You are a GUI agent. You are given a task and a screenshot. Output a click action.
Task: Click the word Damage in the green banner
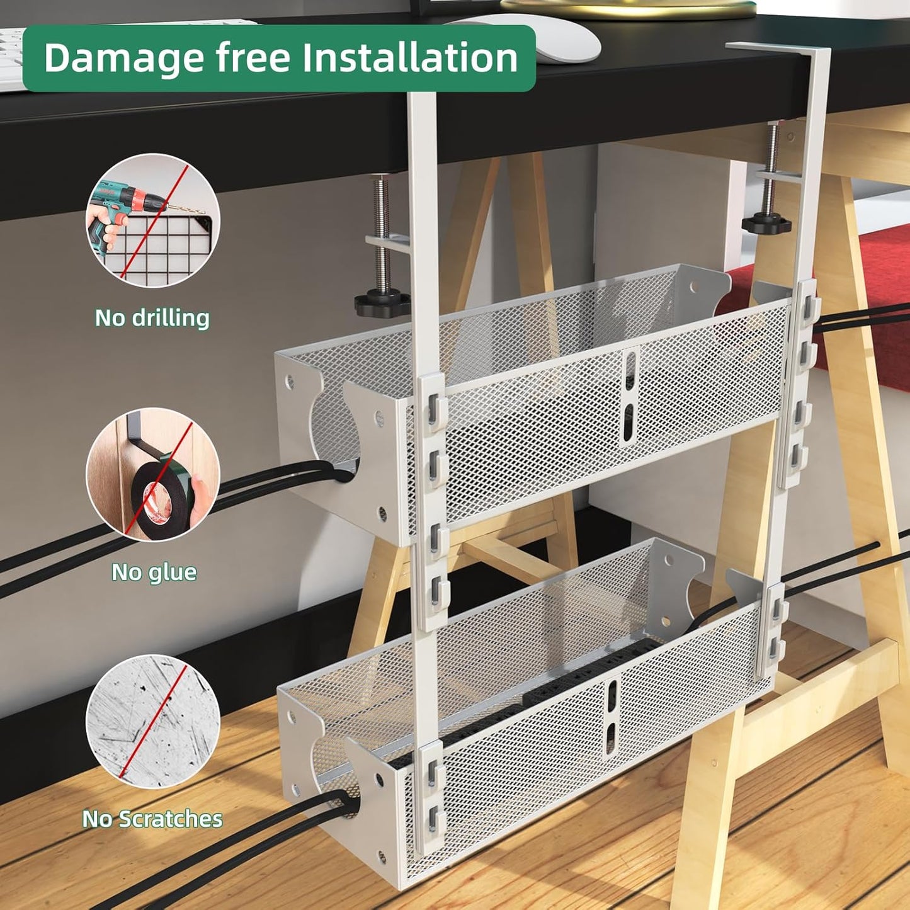(123, 58)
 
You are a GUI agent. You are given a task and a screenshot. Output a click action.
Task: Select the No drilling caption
(152, 318)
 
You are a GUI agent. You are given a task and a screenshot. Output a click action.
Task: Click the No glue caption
(154, 572)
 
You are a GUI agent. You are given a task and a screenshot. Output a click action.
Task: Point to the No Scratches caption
(152, 819)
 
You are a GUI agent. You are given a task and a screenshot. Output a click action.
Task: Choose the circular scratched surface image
(153, 721)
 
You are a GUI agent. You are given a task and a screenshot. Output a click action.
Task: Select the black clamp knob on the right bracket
(766, 224)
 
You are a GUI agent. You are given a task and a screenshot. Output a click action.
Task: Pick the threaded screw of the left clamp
(379, 233)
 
